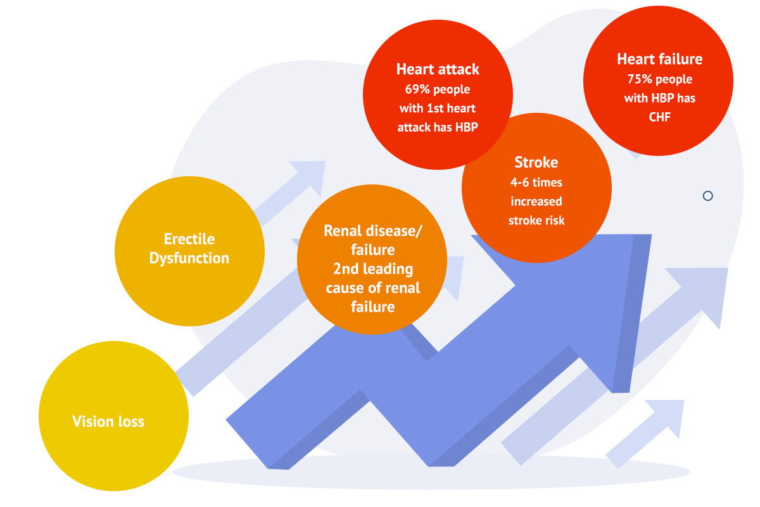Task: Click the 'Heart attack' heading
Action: coord(438,69)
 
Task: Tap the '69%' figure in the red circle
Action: coord(417,89)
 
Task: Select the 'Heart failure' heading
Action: coord(659,59)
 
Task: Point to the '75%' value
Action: coord(640,79)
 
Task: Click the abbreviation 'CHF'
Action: coord(659,117)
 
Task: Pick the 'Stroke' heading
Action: coord(536,162)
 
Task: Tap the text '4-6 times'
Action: coord(536,183)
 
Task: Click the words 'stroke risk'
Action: coord(536,221)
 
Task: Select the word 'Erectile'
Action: coord(189,239)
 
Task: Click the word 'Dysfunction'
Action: coord(189,259)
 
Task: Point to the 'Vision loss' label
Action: coord(108,421)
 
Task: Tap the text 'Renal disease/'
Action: coord(373,231)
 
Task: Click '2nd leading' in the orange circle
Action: coord(373,269)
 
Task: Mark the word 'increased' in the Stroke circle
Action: coord(536,202)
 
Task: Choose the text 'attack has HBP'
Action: coord(438,127)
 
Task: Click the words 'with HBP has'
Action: coord(659,98)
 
